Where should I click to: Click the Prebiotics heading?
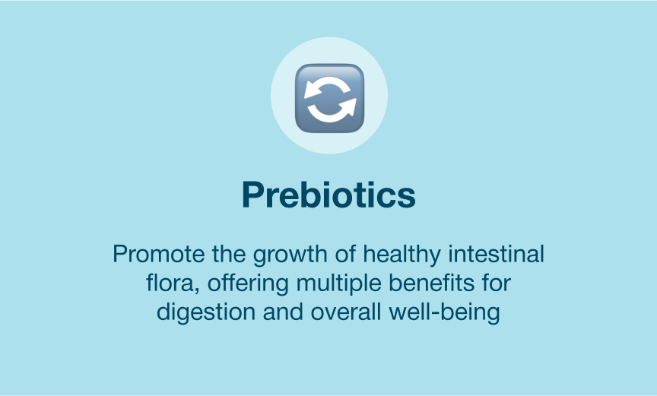click(x=329, y=195)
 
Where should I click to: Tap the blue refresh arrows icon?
click(x=329, y=98)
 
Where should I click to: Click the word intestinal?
click(x=497, y=254)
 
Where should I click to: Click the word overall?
click(x=346, y=312)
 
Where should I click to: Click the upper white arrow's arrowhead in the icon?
click(x=311, y=89)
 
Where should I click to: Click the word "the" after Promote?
click(x=229, y=254)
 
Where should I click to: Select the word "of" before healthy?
click(x=345, y=254)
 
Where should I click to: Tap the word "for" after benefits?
click(x=497, y=284)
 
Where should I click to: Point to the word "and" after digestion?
click(x=283, y=312)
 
